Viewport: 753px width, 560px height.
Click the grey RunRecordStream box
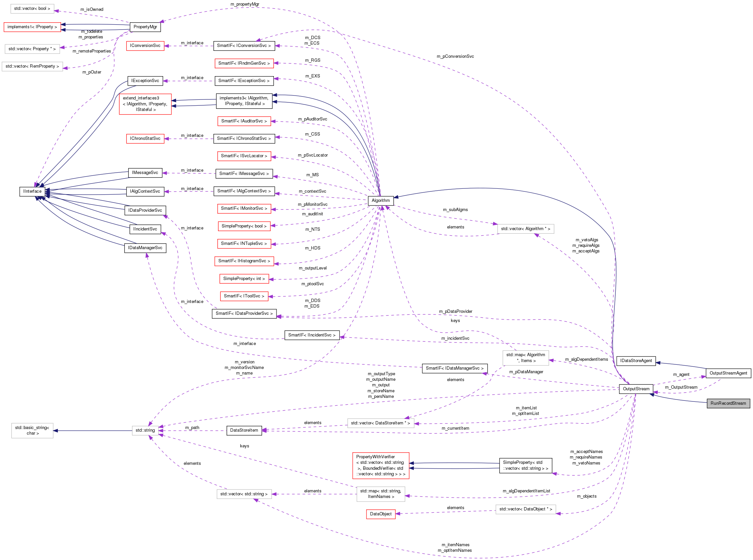pyautogui.click(x=728, y=403)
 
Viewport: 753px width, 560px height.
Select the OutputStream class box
pyautogui.click(x=636, y=389)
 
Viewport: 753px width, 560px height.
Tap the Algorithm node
pyautogui.click(x=380, y=200)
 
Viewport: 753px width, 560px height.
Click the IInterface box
pyautogui.click(x=32, y=191)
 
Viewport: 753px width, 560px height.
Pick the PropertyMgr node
pyautogui.click(x=145, y=27)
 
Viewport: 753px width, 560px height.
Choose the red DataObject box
pyautogui.click(x=380, y=514)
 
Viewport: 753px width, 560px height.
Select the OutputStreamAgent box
pyautogui.click(x=728, y=373)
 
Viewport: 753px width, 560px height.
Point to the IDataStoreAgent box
pyautogui.click(x=636, y=361)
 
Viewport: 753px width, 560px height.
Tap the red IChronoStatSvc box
pyautogui.click(x=145, y=138)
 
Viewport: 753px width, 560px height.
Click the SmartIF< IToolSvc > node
pyautogui.click(x=244, y=296)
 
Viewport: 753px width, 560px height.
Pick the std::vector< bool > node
pyautogui.click(x=32, y=9)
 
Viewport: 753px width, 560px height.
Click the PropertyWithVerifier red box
pyautogui.click(x=380, y=465)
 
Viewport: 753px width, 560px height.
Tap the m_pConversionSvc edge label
pyautogui.click(x=455, y=56)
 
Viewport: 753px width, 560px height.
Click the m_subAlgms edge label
pyautogui.click(x=455, y=209)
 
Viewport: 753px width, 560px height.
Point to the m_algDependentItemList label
pyautogui.click(x=526, y=491)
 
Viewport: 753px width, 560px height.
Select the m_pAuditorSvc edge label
pyautogui.click(x=312, y=119)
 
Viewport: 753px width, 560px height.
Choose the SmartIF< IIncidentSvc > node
pyautogui.click(x=312, y=335)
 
